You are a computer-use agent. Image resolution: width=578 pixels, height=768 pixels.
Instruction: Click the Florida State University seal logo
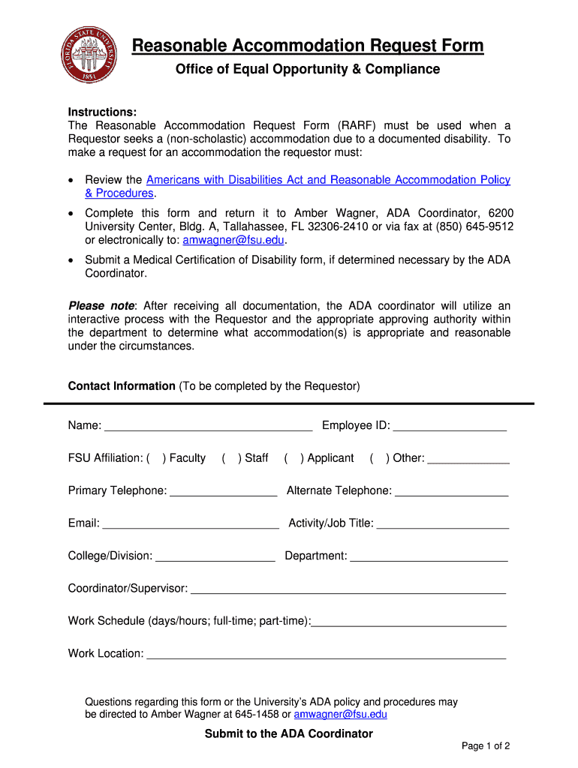point(89,55)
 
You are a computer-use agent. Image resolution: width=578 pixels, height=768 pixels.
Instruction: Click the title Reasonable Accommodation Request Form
point(308,46)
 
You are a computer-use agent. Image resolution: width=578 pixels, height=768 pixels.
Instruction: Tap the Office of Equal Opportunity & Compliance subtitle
point(308,70)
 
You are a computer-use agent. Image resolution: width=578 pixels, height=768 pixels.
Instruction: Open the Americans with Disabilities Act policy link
point(328,180)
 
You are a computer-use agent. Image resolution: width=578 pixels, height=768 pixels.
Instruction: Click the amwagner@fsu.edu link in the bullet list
point(233,240)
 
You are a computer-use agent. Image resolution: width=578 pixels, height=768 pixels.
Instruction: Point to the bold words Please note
point(101,306)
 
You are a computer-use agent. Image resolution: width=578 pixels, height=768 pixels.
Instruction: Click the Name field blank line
point(208,427)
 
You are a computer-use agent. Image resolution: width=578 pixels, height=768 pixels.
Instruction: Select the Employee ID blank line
point(450,427)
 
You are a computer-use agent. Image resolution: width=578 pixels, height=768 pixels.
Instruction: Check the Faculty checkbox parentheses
point(155,458)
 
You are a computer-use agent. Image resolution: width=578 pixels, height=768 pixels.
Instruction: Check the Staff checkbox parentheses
point(229,458)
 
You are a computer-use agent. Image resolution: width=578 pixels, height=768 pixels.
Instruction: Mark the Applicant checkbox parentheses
point(291,458)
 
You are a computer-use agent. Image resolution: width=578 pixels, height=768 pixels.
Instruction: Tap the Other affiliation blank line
point(468,459)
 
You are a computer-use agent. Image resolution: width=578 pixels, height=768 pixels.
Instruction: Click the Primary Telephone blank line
point(223,492)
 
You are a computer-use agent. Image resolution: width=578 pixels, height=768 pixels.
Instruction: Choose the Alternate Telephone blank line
point(451,492)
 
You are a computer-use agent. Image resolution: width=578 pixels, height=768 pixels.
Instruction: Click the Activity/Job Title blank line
point(442,524)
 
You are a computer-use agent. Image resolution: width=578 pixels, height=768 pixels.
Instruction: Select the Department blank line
point(429,557)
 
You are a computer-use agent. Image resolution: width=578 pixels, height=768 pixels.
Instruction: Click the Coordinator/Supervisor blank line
point(348,589)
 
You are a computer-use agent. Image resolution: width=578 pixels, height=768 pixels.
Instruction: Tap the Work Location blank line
point(326,655)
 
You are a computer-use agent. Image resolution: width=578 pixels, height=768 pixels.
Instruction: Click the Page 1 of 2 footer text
point(486,746)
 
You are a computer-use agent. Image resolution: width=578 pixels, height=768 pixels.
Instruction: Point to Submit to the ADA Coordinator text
point(289,733)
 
